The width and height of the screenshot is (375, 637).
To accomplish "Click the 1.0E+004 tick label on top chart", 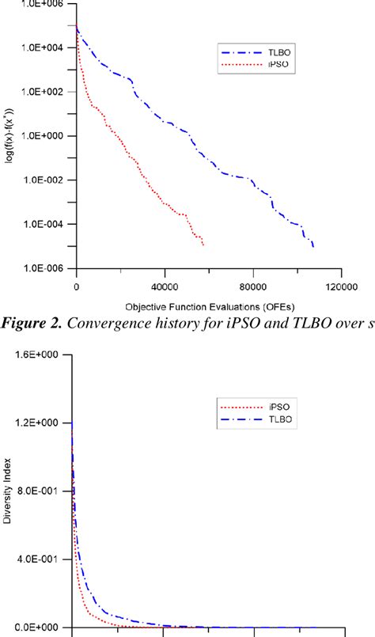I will [x=44, y=47].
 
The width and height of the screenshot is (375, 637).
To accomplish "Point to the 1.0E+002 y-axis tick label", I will [x=44, y=92].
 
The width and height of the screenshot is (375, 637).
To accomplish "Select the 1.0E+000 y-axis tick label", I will [x=44, y=136].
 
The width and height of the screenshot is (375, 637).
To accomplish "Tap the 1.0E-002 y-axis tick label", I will [x=44, y=180].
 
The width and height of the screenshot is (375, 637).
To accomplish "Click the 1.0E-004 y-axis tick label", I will [x=44, y=224].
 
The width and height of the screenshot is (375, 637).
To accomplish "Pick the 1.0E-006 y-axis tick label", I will [x=44, y=268].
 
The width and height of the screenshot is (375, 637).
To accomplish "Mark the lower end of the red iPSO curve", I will [x=203, y=245].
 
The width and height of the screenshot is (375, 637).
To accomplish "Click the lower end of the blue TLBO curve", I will [x=314, y=247].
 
